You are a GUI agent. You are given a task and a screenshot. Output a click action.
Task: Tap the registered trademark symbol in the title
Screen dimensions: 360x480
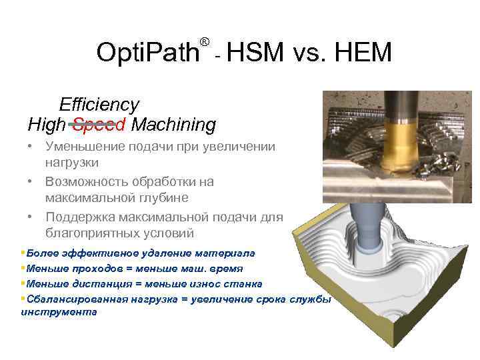pyautogui.click(x=205, y=42)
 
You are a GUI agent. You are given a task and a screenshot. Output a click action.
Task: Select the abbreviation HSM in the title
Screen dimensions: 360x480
pyautogui.click(x=256, y=51)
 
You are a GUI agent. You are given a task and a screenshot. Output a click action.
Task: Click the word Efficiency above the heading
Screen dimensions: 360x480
pyautogui.click(x=99, y=105)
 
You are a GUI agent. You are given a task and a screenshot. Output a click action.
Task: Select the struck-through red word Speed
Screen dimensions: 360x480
pyautogui.click(x=99, y=125)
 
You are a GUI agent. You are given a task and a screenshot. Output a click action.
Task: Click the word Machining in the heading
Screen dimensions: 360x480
pyautogui.click(x=174, y=125)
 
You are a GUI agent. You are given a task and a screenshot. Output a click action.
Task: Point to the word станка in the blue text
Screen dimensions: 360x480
pyautogui.click(x=243, y=283)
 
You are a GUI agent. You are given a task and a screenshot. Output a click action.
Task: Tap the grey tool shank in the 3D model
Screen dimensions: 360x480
pyautogui.click(x=369, y=220)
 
